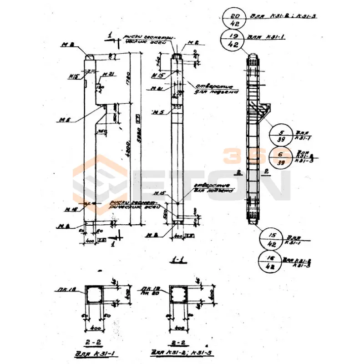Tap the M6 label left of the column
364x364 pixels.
(x=63, y=120)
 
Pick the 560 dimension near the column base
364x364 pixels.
(x=166, y=213)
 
